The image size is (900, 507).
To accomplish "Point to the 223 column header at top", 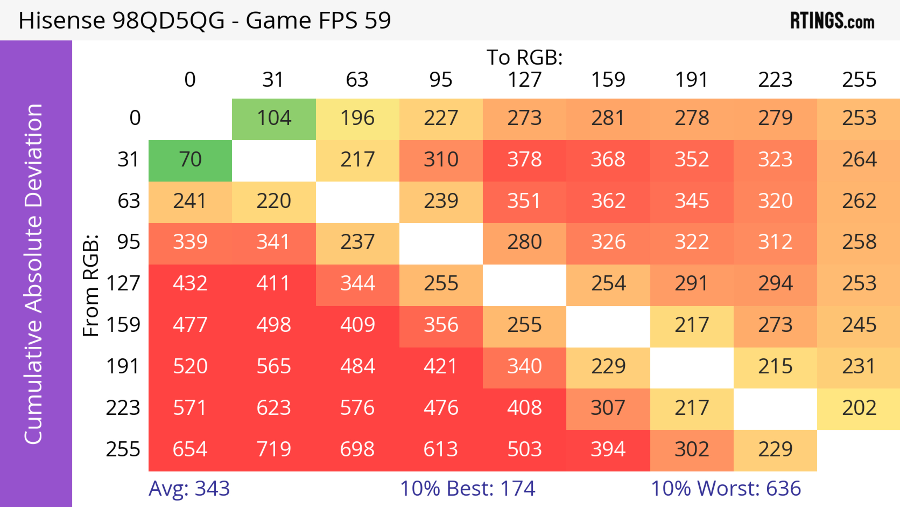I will coord(775,80).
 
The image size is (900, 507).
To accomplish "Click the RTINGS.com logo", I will coord(832,21).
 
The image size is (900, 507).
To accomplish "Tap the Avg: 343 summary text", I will coord(189,488).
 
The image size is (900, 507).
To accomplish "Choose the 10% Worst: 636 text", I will coord(726,488).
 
